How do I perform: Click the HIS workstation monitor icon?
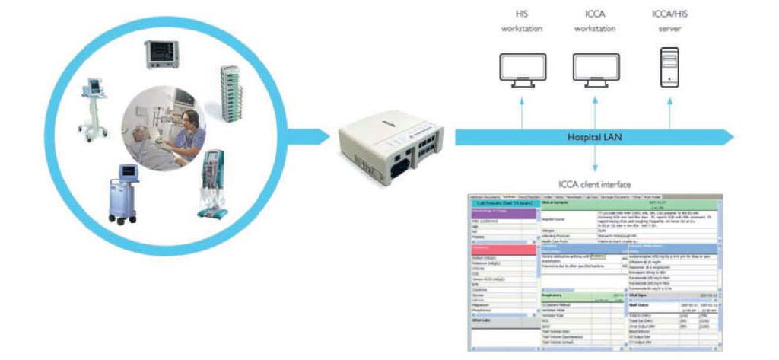coord(522,68)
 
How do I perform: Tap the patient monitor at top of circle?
coord(161,53)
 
